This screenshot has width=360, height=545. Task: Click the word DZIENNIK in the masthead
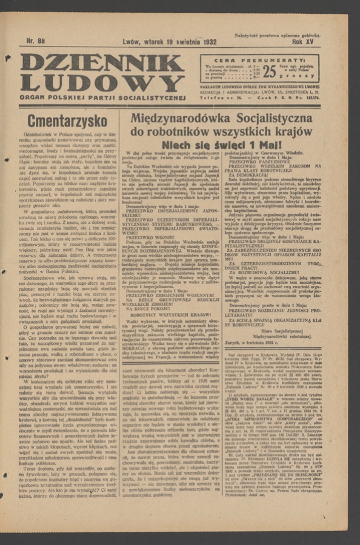pos(101,63)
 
